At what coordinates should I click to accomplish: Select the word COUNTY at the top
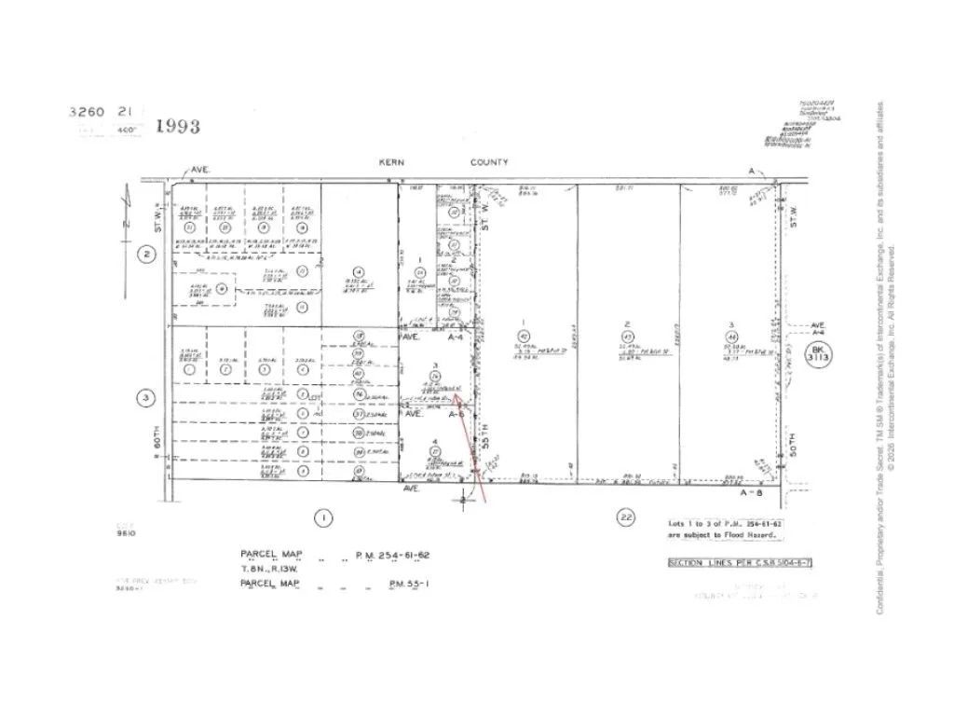(489, 162)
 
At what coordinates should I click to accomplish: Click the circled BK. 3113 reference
(818, 355)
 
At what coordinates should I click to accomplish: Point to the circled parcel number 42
(524, 335)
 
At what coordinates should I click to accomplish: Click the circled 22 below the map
(625, 517)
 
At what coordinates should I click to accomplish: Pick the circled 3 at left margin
(145, 400)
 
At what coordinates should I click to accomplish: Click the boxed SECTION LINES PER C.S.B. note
(724, 563)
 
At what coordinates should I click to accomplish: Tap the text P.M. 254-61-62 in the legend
(392, 556)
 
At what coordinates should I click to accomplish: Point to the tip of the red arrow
(455, 394)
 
